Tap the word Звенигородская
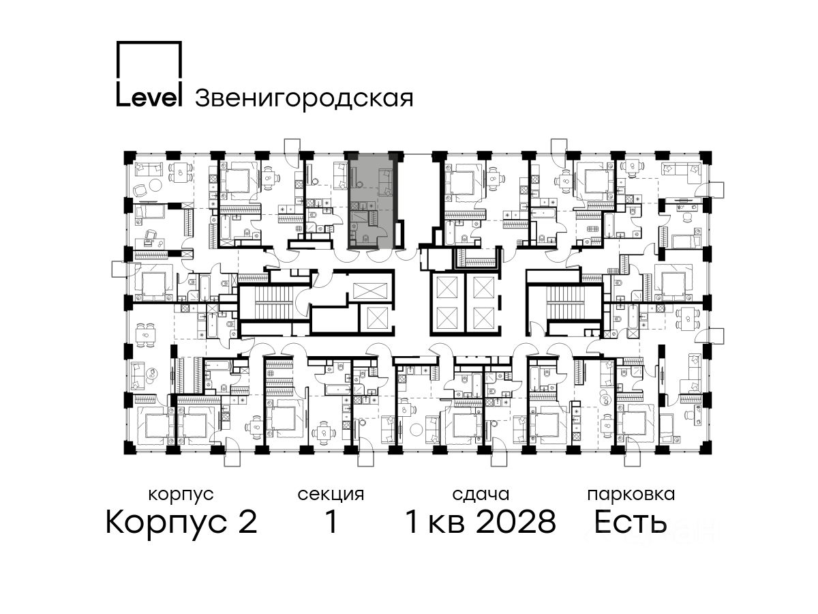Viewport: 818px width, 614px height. (304, 99)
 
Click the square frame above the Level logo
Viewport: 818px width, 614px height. (149, 60)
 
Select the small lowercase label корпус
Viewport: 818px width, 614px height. (181, 495)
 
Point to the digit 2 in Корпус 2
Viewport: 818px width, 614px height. (247, 523)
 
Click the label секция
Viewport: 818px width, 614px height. (331, 495)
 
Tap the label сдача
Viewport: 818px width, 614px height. (481, 495)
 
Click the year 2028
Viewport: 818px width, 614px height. (516, 523)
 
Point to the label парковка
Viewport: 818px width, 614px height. (631, 495)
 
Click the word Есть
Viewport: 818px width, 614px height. (630, 523)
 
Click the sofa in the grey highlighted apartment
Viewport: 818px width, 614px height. (385, 182)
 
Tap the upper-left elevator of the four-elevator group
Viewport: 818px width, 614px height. (446, 287)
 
